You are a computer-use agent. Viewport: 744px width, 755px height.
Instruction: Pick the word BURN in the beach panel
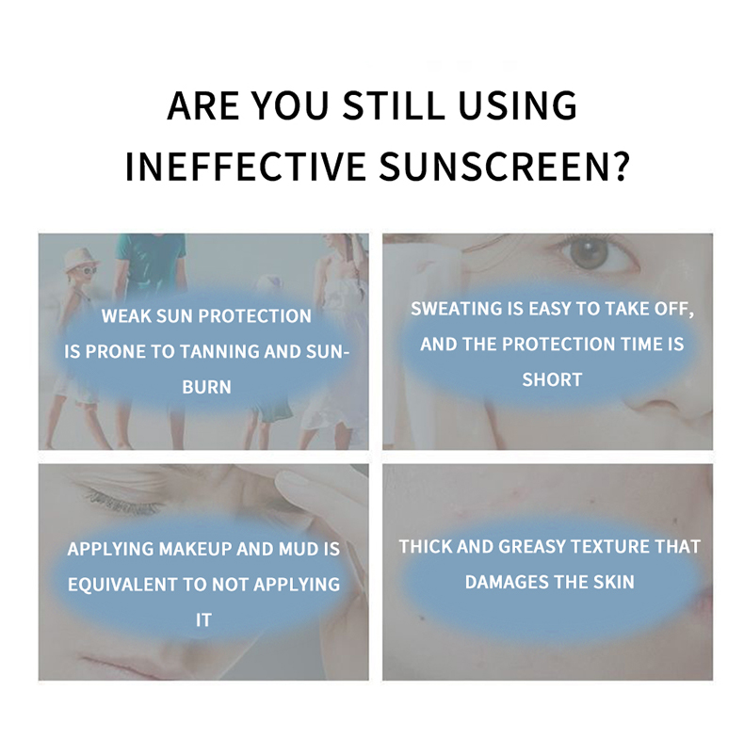[x=204, y=387]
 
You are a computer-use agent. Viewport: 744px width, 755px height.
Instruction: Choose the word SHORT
[x=552, y=379]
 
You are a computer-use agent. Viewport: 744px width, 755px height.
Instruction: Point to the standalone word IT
[x=203, y=619]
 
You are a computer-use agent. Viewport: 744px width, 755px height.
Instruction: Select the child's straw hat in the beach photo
[x=80, y=256]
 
